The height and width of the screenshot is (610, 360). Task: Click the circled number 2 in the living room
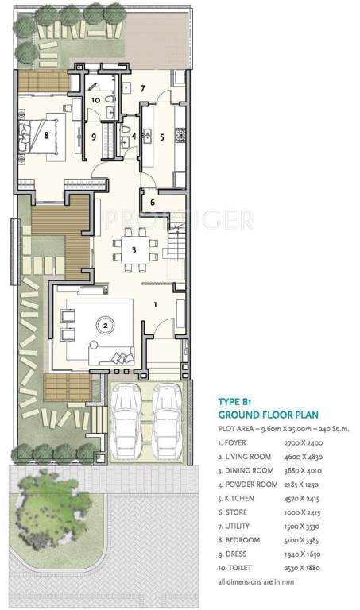(x=105, y=323)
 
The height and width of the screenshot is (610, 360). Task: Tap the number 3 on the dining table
(x=134, y=249)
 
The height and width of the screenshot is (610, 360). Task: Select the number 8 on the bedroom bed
(x=48, y=135)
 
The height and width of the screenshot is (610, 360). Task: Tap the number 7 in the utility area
(x=144, y=88)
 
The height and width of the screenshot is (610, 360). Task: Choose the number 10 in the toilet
(x=95, y=100)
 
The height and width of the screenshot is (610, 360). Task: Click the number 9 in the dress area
(x=94, y=137)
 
